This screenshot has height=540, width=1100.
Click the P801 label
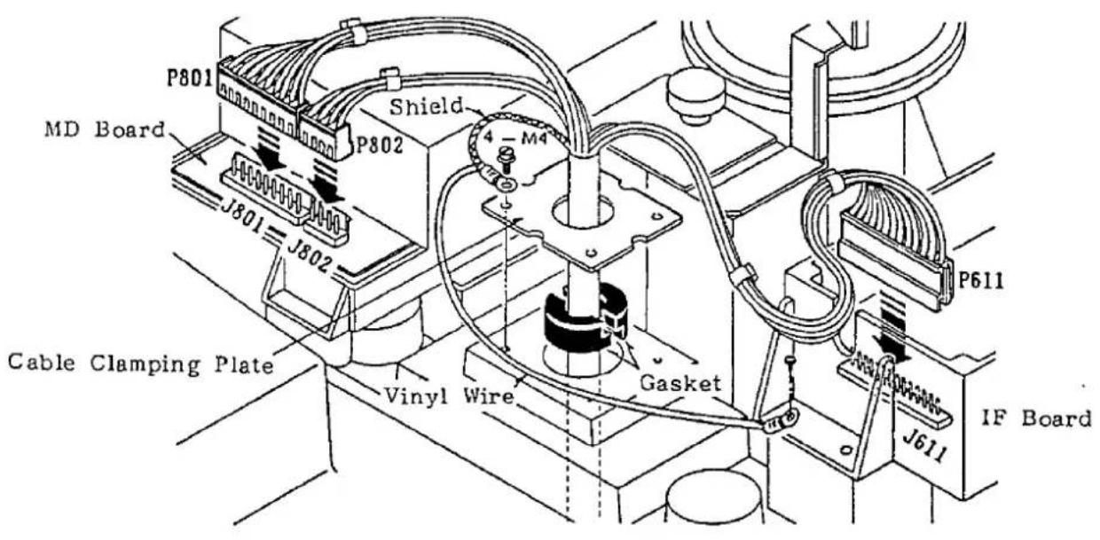[190, 77]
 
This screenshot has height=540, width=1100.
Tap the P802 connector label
[379, 145]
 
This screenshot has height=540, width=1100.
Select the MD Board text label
[105, 129]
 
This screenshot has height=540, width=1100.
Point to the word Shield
[426, 106]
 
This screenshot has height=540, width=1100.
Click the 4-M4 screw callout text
[515, 137]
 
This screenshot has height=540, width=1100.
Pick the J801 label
[241, 217]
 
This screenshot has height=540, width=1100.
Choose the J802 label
[309, 255]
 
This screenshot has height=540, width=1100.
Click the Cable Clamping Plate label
[140, 364]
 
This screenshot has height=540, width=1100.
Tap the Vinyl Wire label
[448, 395]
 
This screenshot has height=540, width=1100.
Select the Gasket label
[680, 383]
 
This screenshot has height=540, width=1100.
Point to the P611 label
[981, 281]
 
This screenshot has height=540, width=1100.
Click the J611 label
[924, 446]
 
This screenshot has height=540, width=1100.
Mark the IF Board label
[1036, 419]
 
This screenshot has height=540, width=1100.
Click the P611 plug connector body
[896, 265]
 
